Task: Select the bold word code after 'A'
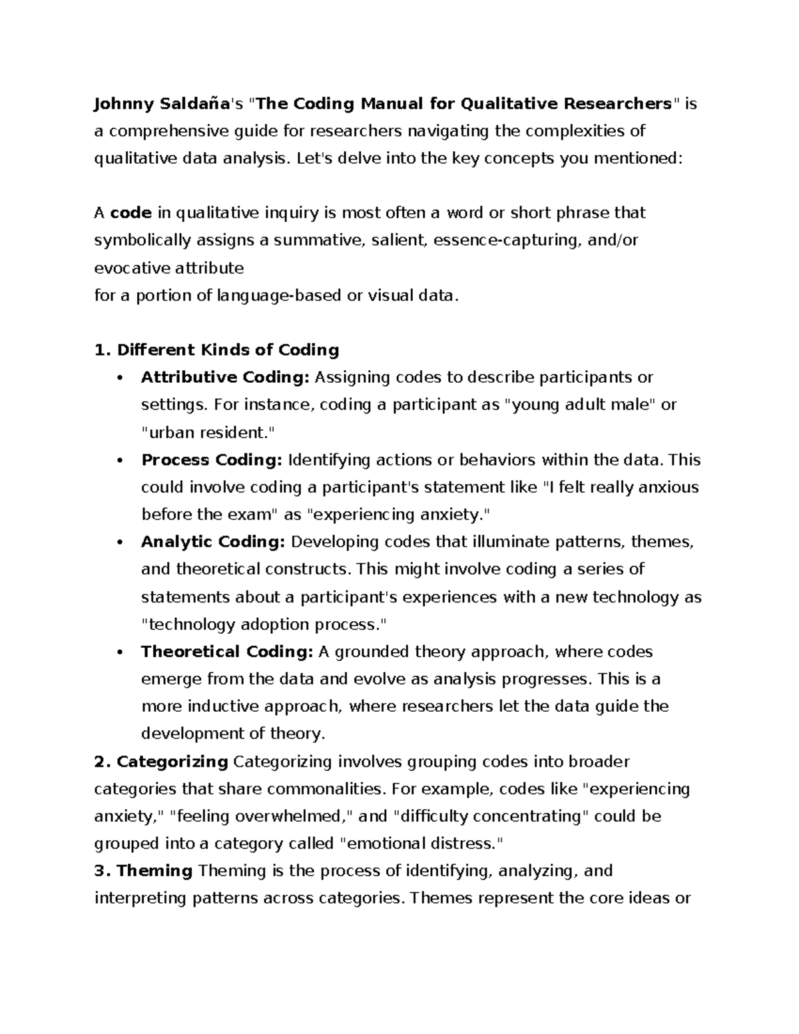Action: pos(131,213)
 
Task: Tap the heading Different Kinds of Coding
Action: pos(217,350)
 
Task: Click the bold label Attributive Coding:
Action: pos(225,378)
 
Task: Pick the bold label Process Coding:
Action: pos(212,460)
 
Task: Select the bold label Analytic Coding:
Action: pos(213,542)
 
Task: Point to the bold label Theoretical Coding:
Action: pos(226,652)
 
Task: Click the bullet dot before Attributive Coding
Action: pos(120,378)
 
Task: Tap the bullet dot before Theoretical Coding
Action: pos(120,652)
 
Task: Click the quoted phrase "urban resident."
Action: pos(207,432)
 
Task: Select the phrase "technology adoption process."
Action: pos(264,625)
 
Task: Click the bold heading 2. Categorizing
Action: pos(162,761)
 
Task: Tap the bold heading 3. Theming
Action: pos(144,871)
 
